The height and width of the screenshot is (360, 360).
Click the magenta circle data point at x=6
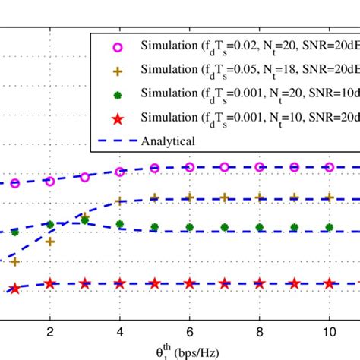pyautogui.click(x=190, y=167)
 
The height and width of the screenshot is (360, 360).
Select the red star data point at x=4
pyautogui.click(x=120, y=283)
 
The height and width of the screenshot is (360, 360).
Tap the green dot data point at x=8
pyautogui.click(x=260, y=227)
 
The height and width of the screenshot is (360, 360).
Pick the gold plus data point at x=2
pyautogui.click(x=50, y=242)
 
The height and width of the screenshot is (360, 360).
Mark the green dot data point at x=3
pyautogui.click(x=85, y=219)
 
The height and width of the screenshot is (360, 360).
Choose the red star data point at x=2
pyautogui.click(x=50, y=283)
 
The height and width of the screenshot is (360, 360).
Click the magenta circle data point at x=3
pyautogui.click(x=85, y=177)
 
